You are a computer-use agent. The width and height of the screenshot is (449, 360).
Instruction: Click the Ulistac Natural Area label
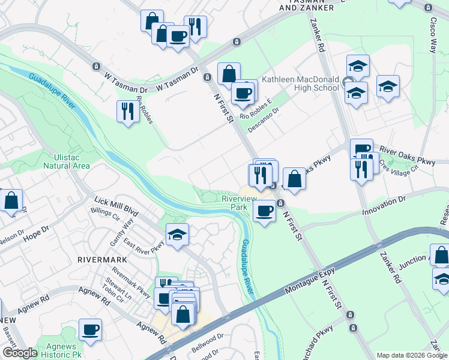[x=67, y=161]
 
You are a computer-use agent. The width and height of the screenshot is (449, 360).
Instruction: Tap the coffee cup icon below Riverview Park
[x=264, y=211]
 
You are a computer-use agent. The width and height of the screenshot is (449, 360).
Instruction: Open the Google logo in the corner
[x=20, y=353]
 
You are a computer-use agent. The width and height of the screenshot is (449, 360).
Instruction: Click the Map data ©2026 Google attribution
[x=412, y=355]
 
